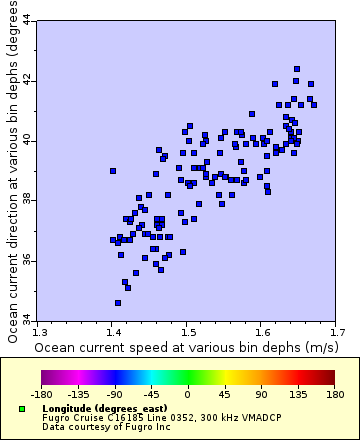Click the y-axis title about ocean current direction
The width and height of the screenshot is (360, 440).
click(12, 170)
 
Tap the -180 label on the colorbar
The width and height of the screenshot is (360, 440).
click(41, 394)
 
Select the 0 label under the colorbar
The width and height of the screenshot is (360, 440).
click(187, 394)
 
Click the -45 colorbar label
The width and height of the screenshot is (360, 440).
click(150, 394)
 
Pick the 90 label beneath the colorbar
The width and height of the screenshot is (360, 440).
click(260, 394)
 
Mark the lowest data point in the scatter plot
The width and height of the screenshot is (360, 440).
click(118, 303)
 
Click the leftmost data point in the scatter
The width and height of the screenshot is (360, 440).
click(113, 171)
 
